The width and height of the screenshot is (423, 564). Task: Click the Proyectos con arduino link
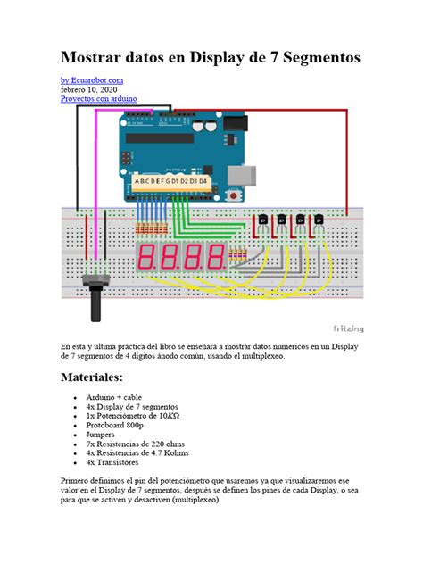[98, 98]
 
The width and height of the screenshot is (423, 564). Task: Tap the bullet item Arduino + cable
[113, 397]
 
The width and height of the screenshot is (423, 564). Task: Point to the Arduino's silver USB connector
[253, 173]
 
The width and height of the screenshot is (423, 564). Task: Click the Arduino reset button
[235, 193]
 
